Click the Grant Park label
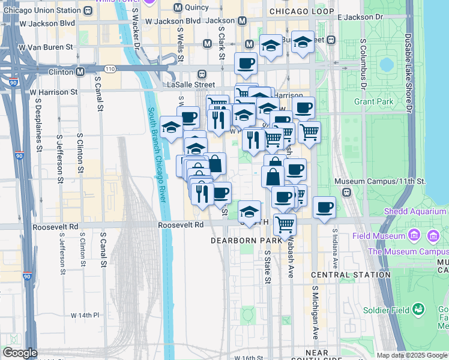point(373,101)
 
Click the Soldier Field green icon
point(419,310)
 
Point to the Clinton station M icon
point(80,72)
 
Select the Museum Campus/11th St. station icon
point(346,193)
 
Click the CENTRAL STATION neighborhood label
point(351,275)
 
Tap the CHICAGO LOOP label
point(301,11)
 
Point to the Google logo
point(20,353)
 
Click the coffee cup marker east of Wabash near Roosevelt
point(324,208)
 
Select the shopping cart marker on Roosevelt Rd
point(285,224)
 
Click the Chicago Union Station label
point(41,10)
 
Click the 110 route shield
point(109,69)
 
